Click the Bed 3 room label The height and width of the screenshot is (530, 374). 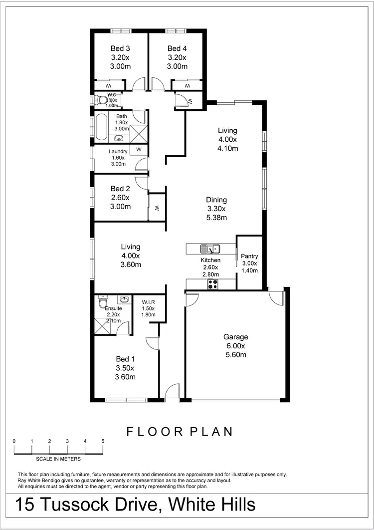(120, 48)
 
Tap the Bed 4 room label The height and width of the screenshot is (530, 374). (177, 48)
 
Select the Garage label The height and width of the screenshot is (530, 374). (236, 337)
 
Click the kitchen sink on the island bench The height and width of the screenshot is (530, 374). (210, 248)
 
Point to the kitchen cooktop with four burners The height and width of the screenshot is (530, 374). (213, 284)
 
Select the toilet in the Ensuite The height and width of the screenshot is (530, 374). (103, 302)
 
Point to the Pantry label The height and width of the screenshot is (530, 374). (249, 256)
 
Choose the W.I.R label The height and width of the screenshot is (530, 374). (149, 301)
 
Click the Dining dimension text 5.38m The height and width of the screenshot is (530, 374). (217, 218)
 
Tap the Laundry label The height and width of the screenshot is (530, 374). (118, 151)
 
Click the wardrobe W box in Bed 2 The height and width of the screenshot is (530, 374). (157, 207)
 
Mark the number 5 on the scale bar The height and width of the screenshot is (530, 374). (103, 441)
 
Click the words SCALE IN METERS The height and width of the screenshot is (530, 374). (58, 459)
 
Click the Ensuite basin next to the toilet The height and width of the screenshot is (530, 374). (123, 299)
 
